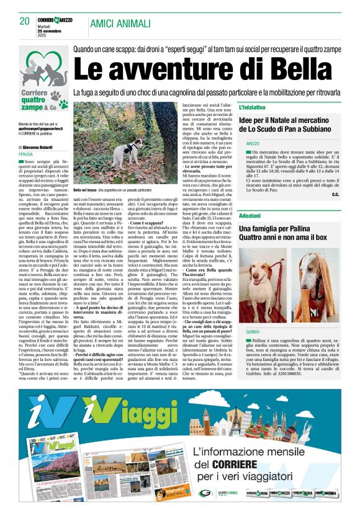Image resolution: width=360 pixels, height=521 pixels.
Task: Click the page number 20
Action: point(25,22)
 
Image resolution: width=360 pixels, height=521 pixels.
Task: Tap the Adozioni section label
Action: point(250,215)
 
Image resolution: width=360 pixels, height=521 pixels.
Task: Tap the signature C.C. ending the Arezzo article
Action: point(335,195)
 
